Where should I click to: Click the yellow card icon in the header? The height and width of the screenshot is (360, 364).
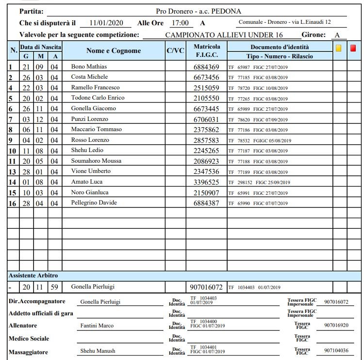[338, 48]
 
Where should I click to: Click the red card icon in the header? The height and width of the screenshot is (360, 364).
[353, 48]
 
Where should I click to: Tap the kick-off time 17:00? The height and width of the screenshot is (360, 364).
[180, 23]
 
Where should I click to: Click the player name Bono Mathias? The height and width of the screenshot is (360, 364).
[89, 67]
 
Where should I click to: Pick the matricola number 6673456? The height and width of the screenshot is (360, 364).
[206, 77]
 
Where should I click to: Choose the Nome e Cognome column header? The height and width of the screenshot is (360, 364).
[114, 51]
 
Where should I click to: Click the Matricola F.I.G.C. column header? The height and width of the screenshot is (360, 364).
[206, 51]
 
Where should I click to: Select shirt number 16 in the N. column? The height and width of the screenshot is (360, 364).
[13, 203]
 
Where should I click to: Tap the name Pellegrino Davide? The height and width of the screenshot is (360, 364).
[94, 203]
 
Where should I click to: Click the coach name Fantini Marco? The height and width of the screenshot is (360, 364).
[97, 326]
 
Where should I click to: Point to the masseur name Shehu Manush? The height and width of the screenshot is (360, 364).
[97, 351]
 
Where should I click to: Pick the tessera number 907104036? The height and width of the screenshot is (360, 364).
[336, 351]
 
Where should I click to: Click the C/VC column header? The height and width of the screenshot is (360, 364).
[175, 51]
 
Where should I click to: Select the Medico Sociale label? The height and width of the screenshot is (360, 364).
[29, 338]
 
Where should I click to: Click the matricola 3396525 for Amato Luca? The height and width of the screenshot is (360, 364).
[206, 182]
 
